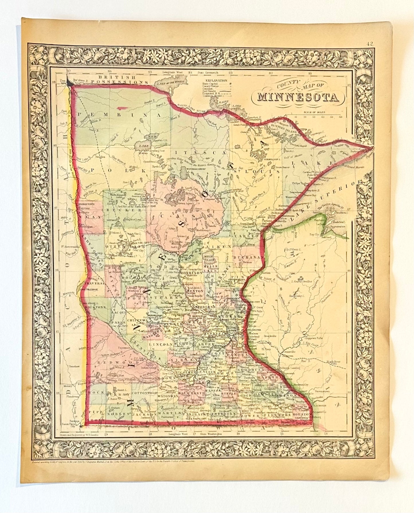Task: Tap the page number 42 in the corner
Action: click(369, 44)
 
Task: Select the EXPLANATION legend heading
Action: click(216, 81)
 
